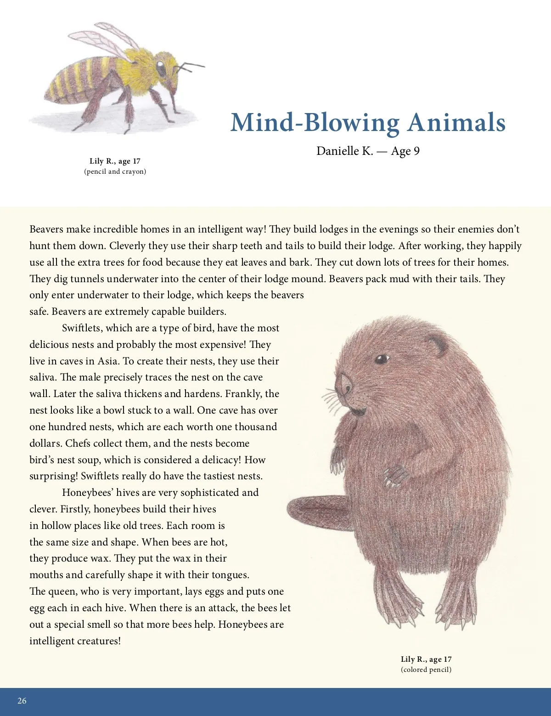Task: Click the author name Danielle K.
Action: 344,151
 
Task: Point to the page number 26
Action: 22,701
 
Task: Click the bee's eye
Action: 162,68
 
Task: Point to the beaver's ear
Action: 435,346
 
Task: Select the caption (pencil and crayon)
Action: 115,171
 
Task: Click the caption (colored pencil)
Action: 426,670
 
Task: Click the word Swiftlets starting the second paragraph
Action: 83,328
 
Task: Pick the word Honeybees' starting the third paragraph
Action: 87,493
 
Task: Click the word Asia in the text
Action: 107,361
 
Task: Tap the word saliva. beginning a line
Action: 44,377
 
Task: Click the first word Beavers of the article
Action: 46,229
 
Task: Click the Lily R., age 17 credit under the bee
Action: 115,161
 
